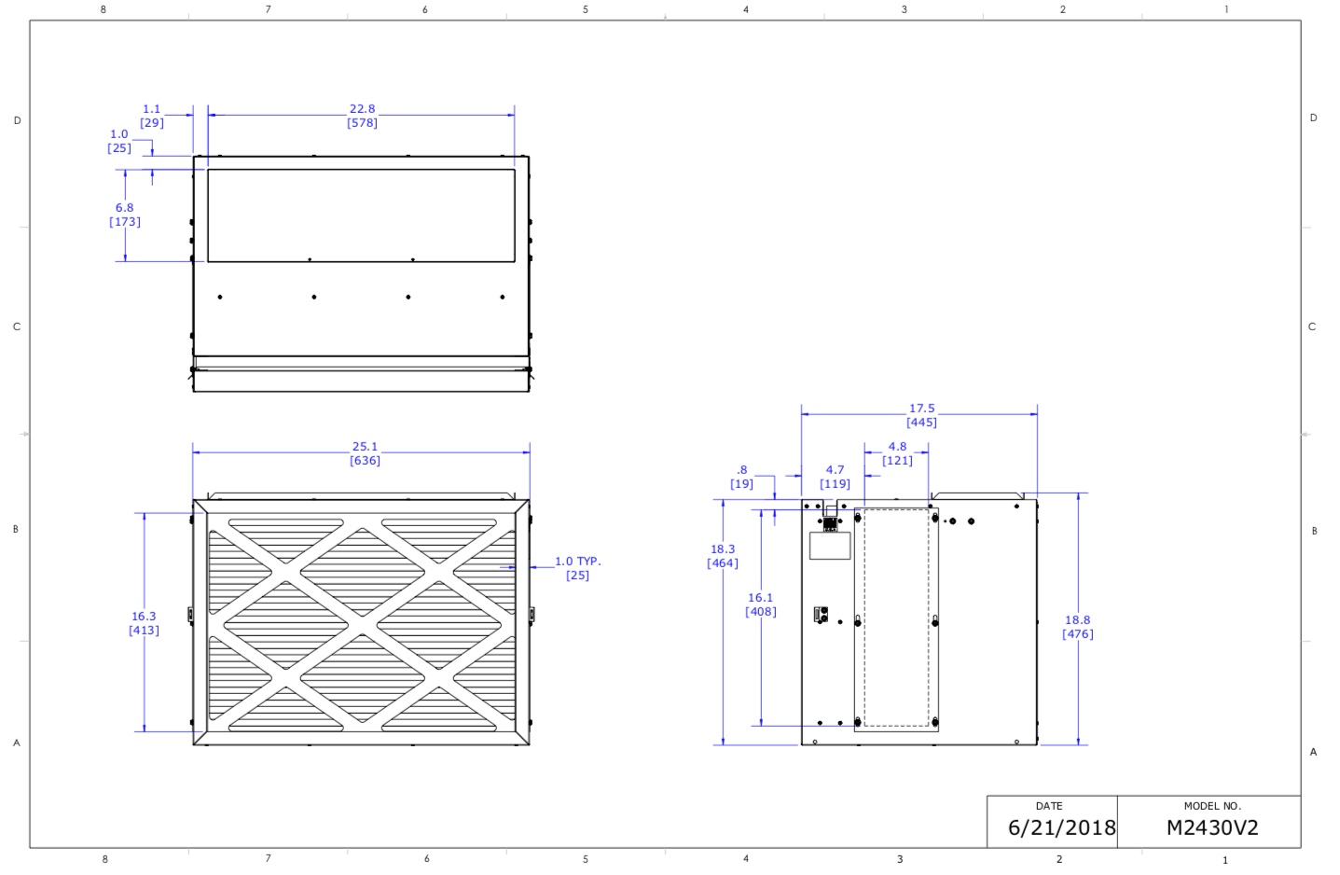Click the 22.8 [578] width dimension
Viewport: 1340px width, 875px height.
point(362,116)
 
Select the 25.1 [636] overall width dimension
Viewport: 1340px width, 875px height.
point(365,453)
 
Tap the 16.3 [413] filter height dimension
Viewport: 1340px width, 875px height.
point(144,623)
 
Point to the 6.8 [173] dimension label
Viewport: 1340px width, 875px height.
point(124,215)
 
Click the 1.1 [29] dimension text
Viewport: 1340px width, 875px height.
point(151,116)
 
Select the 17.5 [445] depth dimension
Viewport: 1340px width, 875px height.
point(921,415)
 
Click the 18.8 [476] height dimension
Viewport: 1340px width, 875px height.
point(1077,627)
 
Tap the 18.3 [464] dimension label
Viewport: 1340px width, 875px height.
point(723,555)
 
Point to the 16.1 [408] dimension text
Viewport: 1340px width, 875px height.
point(760,604)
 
